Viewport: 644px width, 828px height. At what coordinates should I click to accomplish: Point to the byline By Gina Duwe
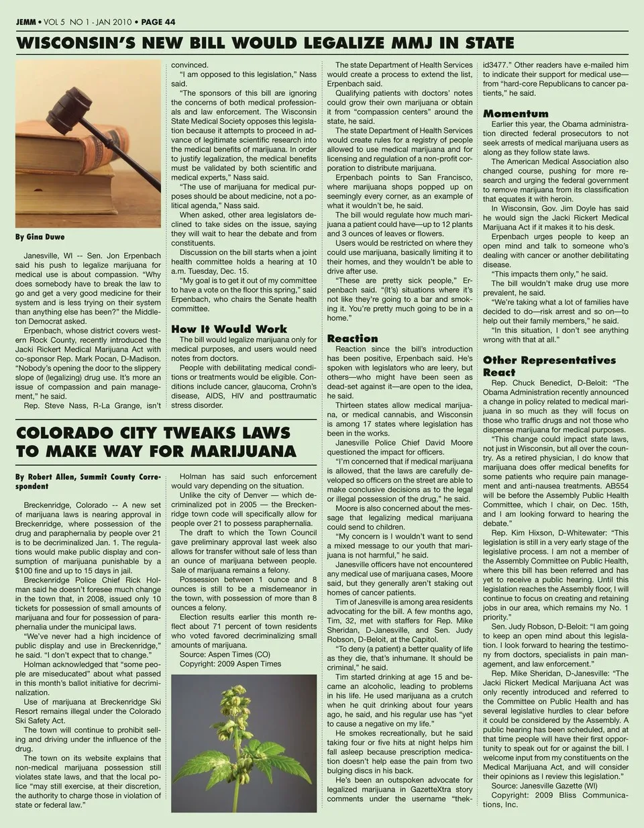tap(40, 237)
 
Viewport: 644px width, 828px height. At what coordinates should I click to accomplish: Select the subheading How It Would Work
tap(229, 329)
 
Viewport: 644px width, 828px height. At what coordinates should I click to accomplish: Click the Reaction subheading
tap(352, 338)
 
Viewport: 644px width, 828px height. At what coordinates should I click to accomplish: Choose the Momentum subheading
tap(515, 113)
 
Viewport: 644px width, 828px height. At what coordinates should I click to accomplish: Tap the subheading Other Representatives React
tap(548, 366)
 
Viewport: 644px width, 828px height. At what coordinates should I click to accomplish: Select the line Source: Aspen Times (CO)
tap(225, 654)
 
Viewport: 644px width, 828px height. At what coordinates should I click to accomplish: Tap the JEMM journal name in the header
tap(26, 22)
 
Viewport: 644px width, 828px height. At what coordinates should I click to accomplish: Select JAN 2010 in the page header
tap(112, 22)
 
